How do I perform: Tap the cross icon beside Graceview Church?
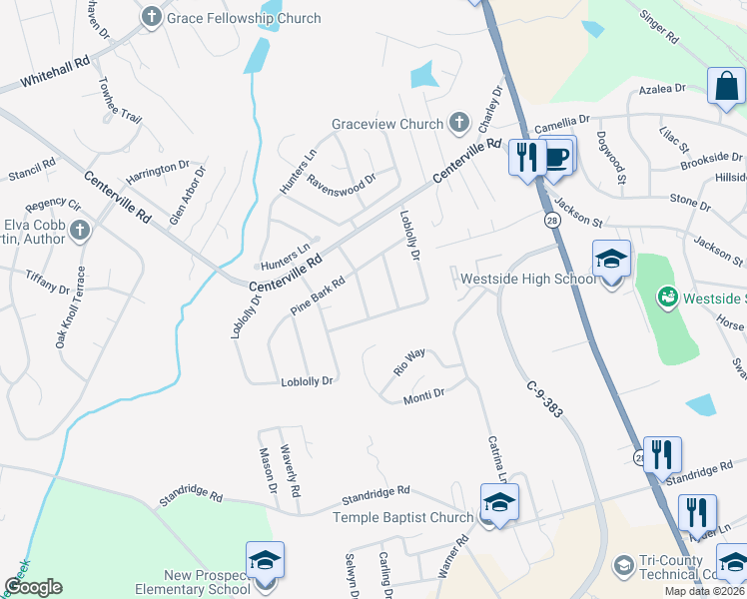(x=459, y=124)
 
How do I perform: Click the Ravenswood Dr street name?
(x=341, y=182)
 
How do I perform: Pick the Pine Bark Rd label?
(x=318, y=297)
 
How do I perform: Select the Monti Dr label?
(x=423, y=396)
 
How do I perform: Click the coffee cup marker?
(x=557, y=157)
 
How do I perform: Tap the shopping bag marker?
(x=726, y=87)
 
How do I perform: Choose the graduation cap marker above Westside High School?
(x=611, y=260)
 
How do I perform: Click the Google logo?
(x=34, y=587)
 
